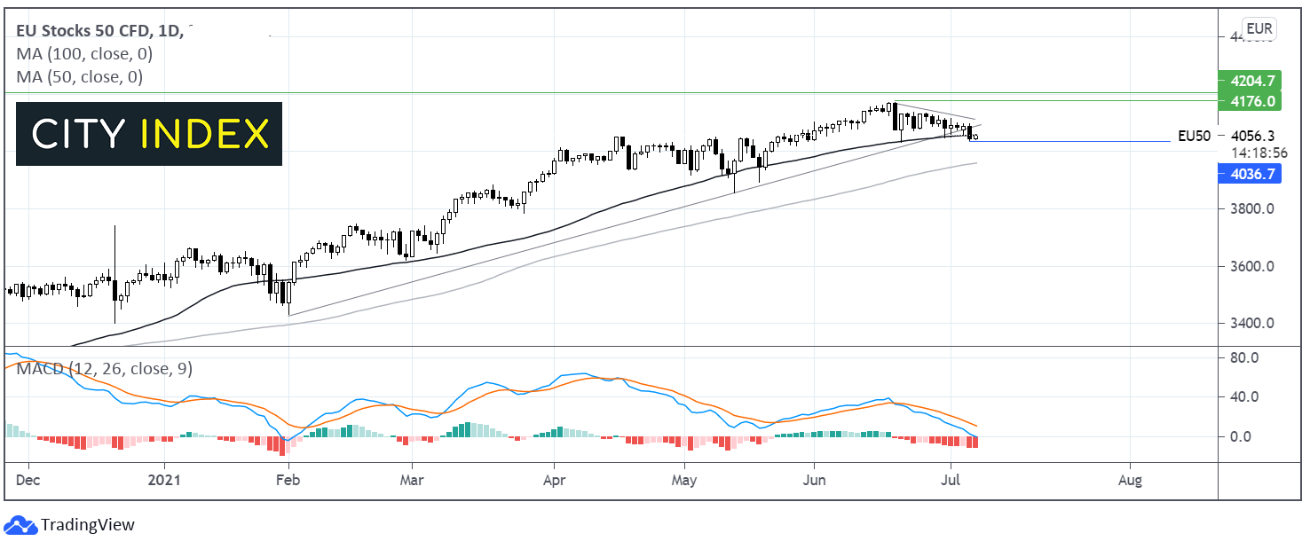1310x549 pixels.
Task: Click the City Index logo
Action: pyautogui.click(x=149, y=134)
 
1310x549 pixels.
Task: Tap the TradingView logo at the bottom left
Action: pyautogui.click(x=70, y=524)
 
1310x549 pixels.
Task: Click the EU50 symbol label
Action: pyautogui.click(x=1194, y=136)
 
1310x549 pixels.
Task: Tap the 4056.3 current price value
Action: pyautogui.click(x=1253, y=136)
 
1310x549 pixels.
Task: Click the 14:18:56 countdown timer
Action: pyautogui.click(x=1259, y=153)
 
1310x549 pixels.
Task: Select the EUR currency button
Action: pyautogui.click(x=1259, y=29)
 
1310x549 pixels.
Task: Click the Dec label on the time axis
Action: pyautogui.click(x=28, y=481)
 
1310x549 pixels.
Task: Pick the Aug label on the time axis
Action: pyautogui.click(x=1130, y=481)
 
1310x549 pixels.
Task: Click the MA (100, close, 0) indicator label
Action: pyautogui.click(x=84, y=54)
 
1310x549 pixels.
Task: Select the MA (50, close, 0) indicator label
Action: pyautogui.click(x=80, y=77)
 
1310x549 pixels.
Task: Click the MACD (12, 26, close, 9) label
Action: pyautogui.click(x=105, y=368)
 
